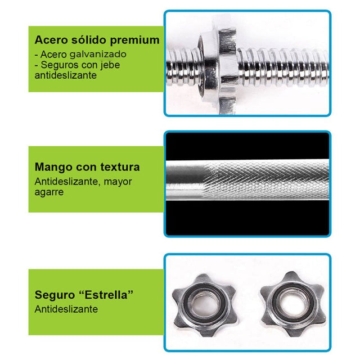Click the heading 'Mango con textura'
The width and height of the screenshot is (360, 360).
[87, 167]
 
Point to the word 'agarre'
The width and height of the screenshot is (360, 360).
[49, 192]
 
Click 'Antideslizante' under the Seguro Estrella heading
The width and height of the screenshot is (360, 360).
[66, 309]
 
